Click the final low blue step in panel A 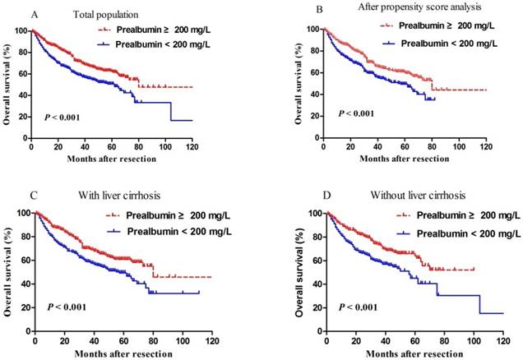(186, 120)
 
